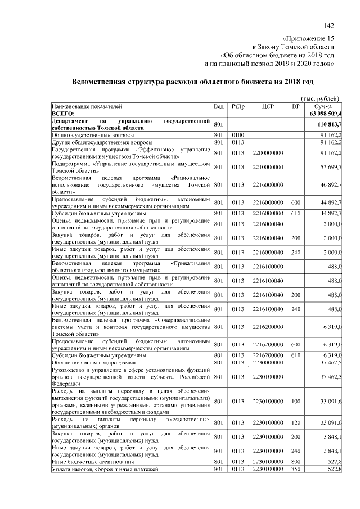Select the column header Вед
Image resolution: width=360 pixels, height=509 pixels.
point(219,106)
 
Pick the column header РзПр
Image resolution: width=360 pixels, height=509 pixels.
point(237,106)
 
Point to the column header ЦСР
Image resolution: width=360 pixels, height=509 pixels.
point(267,106)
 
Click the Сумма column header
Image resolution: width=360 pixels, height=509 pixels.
point(323,106)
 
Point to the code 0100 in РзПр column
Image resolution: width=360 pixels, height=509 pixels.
point(237,135)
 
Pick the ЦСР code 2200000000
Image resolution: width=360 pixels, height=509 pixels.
point(268,152)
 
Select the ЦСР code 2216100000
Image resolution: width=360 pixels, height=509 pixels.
point(268,266)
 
